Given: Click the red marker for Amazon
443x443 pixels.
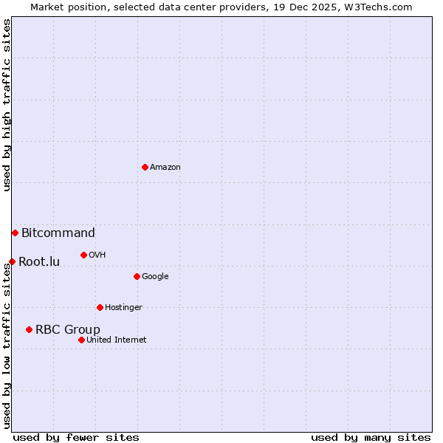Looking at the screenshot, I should point(145,167).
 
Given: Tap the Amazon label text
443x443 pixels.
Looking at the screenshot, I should point(165,168).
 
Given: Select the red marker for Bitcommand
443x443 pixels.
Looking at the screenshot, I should point(15,233).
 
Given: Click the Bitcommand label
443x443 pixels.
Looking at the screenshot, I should point(58,233).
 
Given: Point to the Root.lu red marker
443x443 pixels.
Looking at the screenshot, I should point(12,261).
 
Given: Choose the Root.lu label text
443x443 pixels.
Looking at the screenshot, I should point(39,262).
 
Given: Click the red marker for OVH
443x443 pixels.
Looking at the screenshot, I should point(83,255).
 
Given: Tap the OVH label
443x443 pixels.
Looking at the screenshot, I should point(97,255).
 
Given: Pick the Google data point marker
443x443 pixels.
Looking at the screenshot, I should point(137,276).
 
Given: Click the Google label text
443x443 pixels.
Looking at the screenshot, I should point(155,277).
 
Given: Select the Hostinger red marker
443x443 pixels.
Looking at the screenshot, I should point(100,307).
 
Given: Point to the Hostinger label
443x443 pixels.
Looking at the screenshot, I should point(123,308).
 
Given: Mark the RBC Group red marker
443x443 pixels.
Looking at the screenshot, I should point(29,329).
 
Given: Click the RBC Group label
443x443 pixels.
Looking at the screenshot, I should point(68,330).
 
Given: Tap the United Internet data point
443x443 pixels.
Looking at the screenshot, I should point(81,340).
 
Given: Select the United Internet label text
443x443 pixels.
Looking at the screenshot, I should point(117,340).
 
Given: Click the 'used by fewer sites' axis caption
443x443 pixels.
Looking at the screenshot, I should point(76,437).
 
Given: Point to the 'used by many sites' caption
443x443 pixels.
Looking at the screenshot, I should point(371,437).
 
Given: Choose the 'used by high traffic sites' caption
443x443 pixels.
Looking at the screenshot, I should point(7,105).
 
